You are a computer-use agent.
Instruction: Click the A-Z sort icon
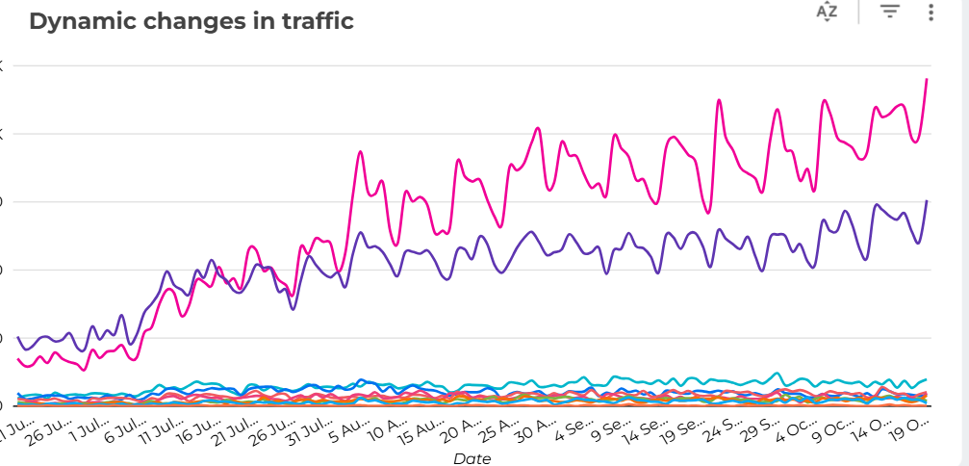[827, 12]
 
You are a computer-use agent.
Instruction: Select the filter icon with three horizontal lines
[890, 12]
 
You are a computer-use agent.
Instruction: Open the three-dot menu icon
[931, 12]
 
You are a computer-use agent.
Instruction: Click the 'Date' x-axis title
[472, 458]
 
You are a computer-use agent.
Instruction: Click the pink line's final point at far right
[926, 79]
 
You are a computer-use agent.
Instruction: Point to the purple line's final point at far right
[926, 201]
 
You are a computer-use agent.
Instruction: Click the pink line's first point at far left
[18, 359]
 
